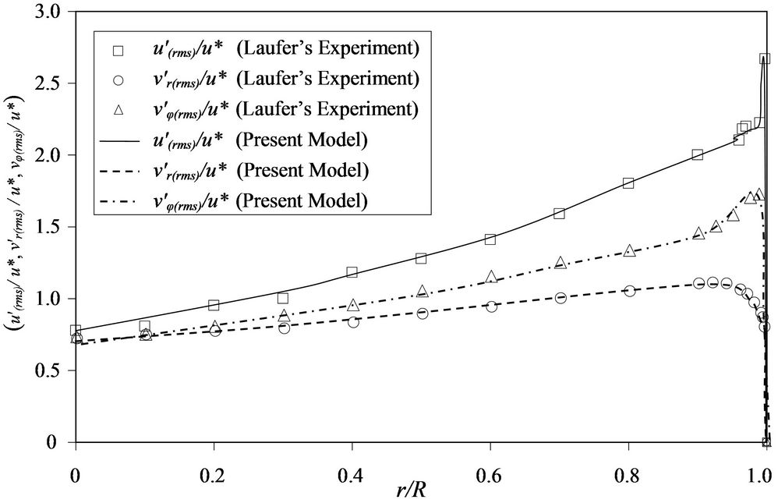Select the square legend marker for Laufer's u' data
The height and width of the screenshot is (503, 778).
(x=118, y=50)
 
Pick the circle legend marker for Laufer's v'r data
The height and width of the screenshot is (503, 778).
(x=118, y=80)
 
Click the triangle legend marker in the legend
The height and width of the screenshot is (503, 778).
(x=118, y=109)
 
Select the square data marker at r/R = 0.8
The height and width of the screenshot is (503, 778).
(x=628, y=183)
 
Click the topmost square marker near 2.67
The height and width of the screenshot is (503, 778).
(x=765, y=58)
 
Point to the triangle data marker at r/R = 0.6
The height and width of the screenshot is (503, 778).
(x=491, y=277)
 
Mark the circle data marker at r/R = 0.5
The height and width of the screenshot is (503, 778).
(x=422, y=313)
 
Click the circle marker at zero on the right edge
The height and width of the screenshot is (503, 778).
(x=766, y=442)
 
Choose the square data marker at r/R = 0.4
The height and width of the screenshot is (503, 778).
(x=352, y=272)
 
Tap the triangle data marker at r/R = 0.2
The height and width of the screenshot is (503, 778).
(x=214, y=326)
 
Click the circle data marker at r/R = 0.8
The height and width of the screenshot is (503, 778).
(x=629, y=291)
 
